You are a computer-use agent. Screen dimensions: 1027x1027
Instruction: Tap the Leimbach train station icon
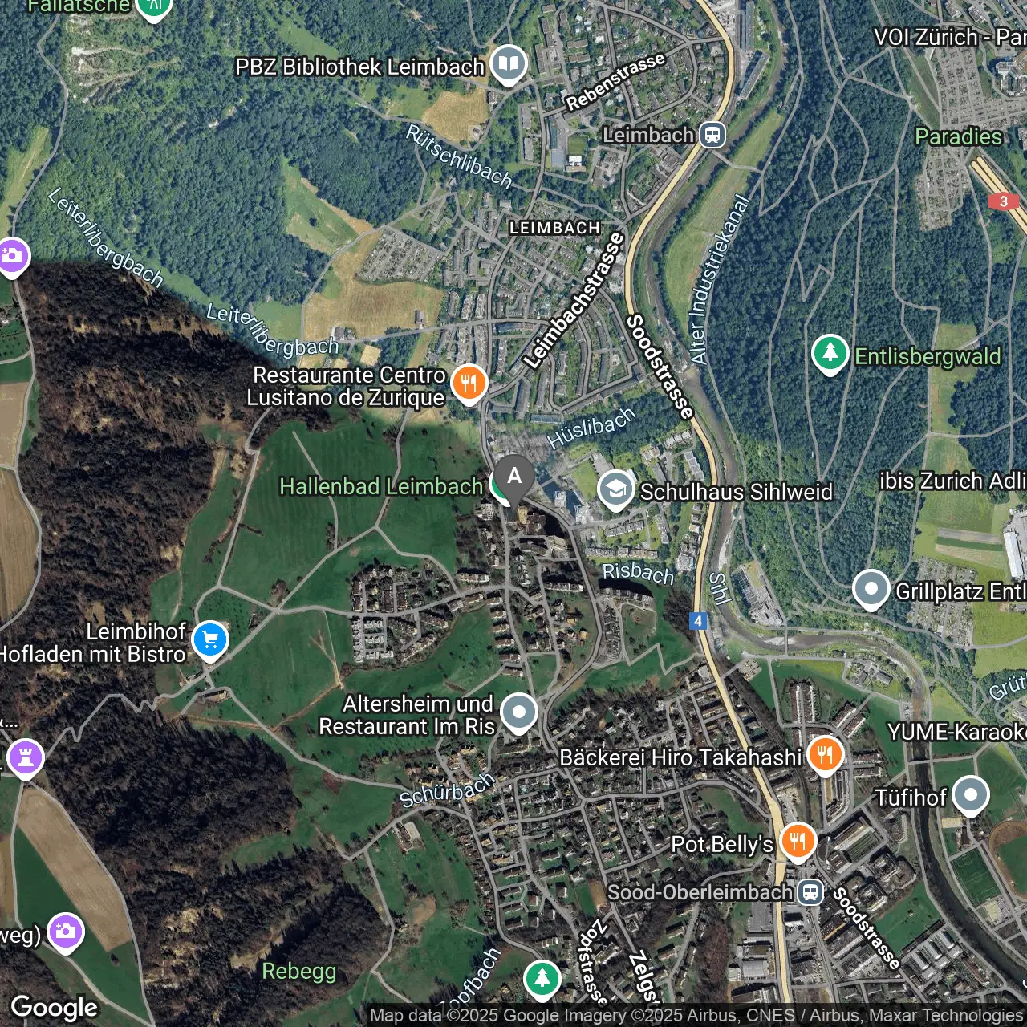[712, 135]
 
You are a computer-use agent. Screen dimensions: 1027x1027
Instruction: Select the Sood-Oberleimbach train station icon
[811, 892]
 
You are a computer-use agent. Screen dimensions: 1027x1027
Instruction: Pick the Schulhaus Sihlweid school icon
[616, 489]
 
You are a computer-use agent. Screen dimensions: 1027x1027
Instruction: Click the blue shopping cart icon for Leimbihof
[210, 640]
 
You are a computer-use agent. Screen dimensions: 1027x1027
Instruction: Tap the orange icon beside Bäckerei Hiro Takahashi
[825, 754]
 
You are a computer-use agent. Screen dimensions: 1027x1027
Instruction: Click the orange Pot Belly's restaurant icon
[798, 842]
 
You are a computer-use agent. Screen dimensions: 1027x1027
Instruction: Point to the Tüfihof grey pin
[970, 795]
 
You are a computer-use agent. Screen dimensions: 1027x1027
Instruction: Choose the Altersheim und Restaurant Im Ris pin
[519, 712]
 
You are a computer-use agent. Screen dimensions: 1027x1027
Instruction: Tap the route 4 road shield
[698, 621]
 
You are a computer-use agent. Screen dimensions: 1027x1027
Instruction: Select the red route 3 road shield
[1003, 201]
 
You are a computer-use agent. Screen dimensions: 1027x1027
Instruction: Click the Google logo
[55, 1008]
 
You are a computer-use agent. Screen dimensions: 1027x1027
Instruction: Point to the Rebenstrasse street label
[615, 82]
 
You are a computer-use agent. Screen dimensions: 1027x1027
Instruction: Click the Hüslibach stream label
[591, 428]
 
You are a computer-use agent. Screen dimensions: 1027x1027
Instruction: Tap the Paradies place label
[958, 136]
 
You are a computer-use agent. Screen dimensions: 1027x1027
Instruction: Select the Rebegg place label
[299, 971]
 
